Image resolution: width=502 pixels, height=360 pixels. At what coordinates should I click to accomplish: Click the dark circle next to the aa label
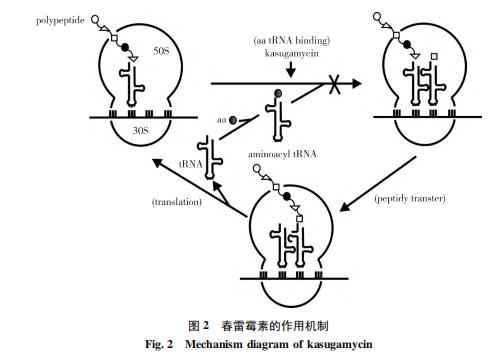(234, 119)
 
